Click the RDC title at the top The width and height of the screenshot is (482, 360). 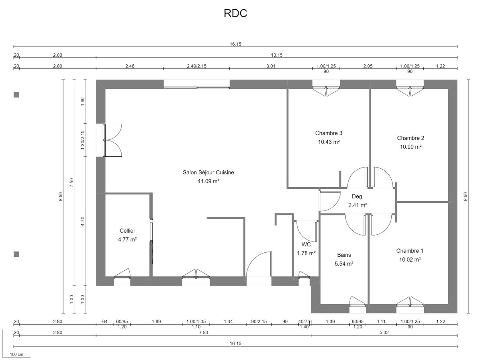(235, 13)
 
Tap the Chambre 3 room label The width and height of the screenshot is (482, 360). (329, 133)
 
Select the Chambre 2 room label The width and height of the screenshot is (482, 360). (411, 138)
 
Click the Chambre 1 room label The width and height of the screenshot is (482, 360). (410, 251)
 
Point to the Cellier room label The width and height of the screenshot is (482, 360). (127, 231)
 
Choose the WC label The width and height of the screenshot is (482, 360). (306, 244)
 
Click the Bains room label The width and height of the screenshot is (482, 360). (344, 255)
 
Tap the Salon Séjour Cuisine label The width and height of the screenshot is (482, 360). (208, 172)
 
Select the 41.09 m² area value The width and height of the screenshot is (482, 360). (208, 181)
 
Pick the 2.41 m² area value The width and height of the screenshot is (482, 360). (357, 205)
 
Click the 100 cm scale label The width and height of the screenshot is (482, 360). (16, 354)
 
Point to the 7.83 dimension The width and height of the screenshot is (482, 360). (203, 333)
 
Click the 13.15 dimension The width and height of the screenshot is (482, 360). (277, 55)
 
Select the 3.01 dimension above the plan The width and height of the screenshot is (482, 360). (271, 66)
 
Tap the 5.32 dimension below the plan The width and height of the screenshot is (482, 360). (384, 333)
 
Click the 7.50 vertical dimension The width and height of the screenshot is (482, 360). (71, 183)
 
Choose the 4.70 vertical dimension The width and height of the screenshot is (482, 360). (83, 221)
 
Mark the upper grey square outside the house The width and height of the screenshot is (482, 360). (16, 95)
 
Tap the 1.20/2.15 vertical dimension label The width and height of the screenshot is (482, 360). (83, 140)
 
